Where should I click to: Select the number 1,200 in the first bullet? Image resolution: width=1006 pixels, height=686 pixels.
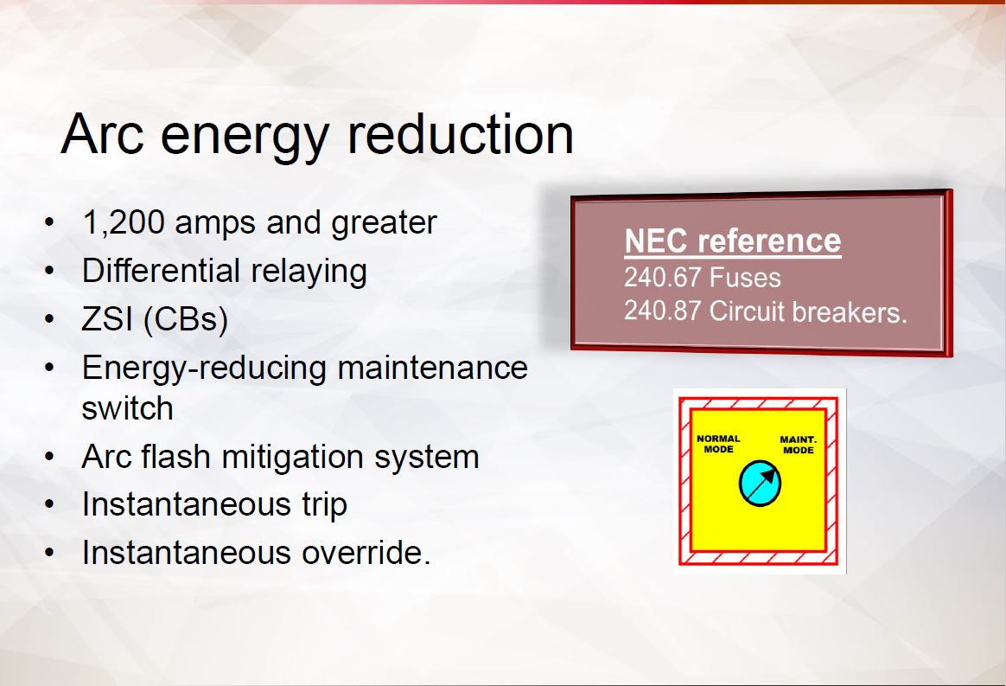tap(124, 223)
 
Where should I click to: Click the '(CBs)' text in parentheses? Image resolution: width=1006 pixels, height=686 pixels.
tap(186, 320)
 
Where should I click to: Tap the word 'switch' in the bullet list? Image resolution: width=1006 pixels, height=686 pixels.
tap(128, 408)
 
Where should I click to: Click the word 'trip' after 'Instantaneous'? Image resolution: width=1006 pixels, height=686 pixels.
tap(325, 505)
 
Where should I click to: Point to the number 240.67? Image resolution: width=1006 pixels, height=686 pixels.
tap(662, 279)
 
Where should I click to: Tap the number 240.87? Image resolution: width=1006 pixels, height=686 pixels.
tap(662, 311)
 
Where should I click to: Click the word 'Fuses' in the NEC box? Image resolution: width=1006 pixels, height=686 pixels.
tap(745, 279)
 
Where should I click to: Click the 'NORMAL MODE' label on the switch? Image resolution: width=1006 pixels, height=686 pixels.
tap(718, 444)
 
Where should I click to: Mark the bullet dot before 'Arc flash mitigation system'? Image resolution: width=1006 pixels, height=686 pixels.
tap(50, 458)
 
